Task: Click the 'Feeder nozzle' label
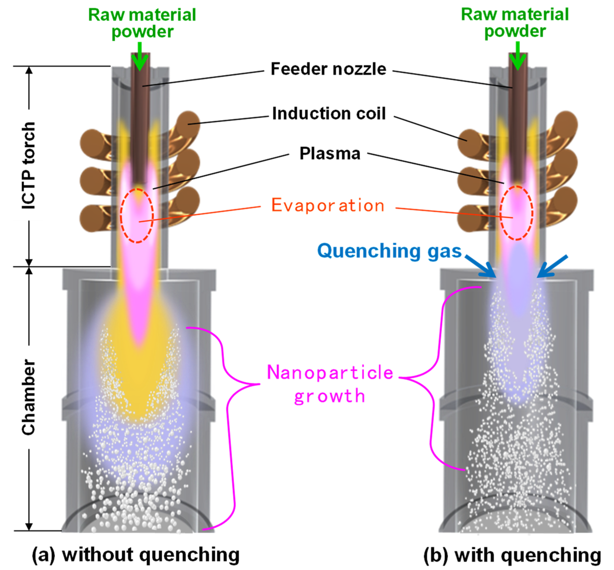328,69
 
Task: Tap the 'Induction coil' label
328,114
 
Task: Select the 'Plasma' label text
330,153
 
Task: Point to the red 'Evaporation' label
328,205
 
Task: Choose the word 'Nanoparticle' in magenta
330,373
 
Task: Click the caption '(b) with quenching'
512,555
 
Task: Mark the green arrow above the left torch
140,57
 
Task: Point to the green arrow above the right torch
517,57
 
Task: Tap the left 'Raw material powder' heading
142,23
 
